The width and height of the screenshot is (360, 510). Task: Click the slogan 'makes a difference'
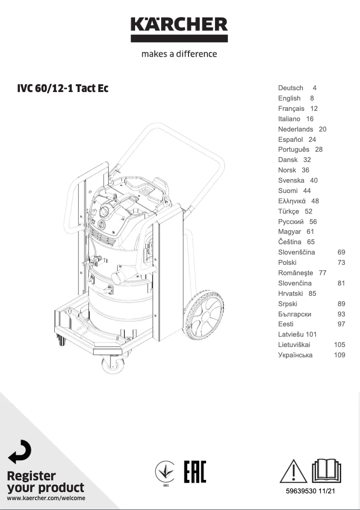point(179,54)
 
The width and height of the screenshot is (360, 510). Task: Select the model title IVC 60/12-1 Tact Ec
point(62,88)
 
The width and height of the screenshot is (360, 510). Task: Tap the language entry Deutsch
point(290,88)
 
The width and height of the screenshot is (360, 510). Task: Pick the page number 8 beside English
point(312,98)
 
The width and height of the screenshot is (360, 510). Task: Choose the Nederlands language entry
point(295,129)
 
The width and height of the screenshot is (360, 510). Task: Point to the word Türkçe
point(289,211)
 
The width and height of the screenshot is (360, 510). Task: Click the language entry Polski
point(287,263)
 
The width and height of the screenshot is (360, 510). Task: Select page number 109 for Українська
point(340,355)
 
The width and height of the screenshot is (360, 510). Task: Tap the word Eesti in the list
point(286,324)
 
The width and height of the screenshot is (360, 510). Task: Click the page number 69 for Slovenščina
point(342,252)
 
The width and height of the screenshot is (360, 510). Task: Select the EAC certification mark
point(195,471)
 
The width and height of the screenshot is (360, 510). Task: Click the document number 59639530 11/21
point(311,492)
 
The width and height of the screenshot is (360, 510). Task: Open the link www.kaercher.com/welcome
point(46,498)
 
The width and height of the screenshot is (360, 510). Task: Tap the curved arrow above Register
point(20,452)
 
